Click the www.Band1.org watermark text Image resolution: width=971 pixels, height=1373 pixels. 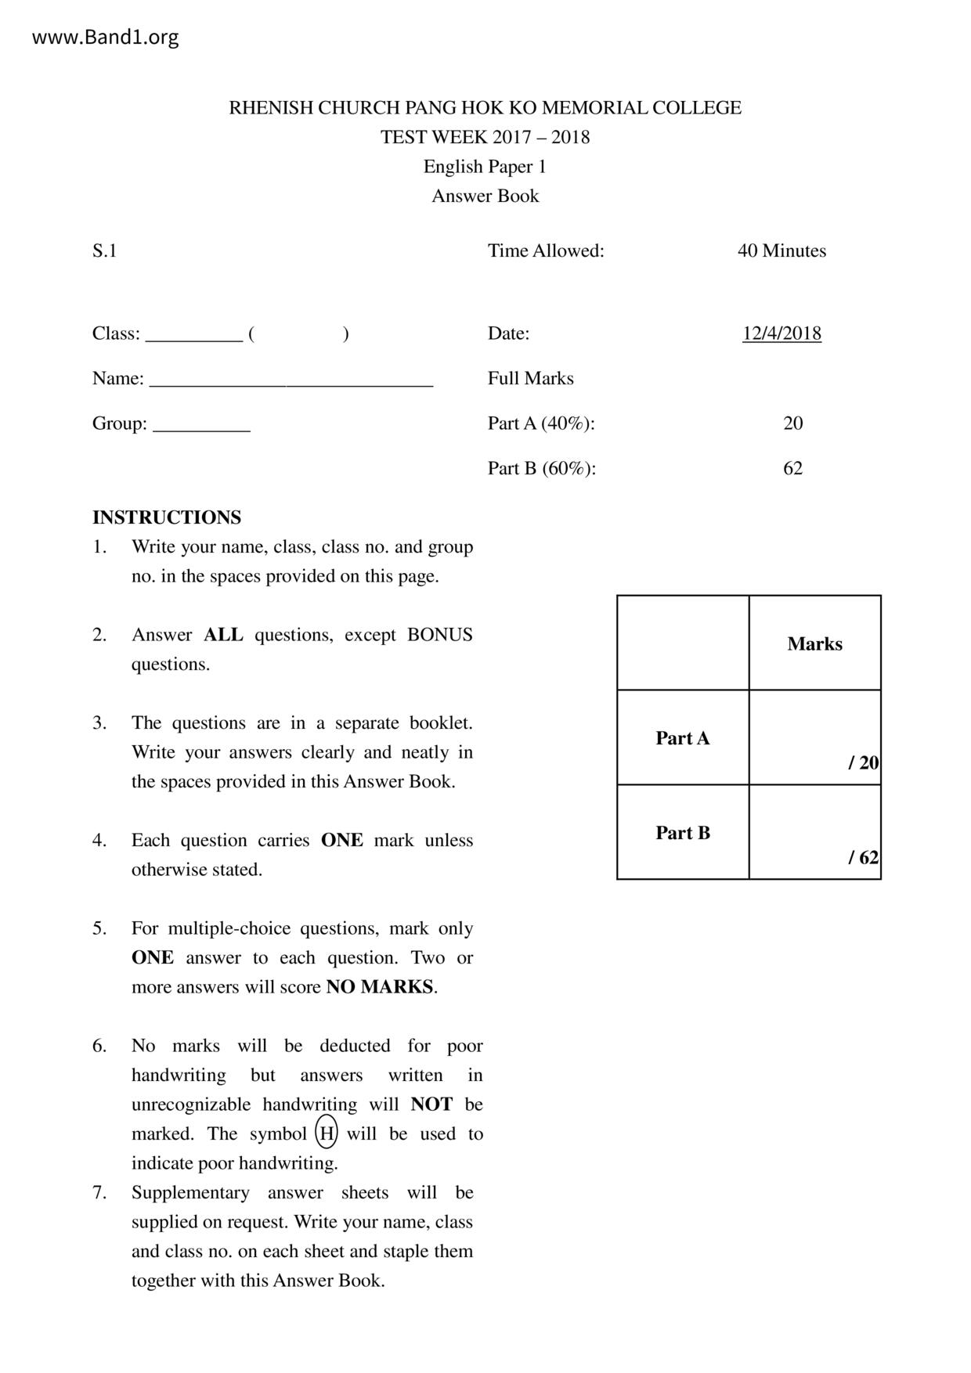105,37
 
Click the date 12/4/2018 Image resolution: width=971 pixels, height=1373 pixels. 781,333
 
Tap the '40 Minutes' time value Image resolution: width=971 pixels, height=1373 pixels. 781,251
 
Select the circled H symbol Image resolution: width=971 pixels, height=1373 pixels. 327,1133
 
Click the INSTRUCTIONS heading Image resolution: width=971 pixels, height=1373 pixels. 167,517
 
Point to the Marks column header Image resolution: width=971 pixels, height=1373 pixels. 814,643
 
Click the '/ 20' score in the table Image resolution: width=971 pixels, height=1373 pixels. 863,762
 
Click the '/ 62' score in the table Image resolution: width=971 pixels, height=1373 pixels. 863,857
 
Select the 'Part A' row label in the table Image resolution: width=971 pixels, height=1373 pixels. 682,738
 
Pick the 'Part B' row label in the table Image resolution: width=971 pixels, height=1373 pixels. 682,833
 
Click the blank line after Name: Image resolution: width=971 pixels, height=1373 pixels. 291,381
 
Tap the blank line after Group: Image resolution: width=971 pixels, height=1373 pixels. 201,427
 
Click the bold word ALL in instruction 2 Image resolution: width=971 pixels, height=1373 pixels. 223,635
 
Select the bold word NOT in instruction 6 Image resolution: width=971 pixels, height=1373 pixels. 431,1105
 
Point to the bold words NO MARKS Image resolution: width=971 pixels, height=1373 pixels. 380,987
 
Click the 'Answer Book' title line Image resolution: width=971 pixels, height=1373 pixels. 485,196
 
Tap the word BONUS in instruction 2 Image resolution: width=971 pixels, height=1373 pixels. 439,635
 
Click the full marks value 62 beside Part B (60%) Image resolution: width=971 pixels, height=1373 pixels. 792,468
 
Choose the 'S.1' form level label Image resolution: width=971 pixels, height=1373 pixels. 104,251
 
